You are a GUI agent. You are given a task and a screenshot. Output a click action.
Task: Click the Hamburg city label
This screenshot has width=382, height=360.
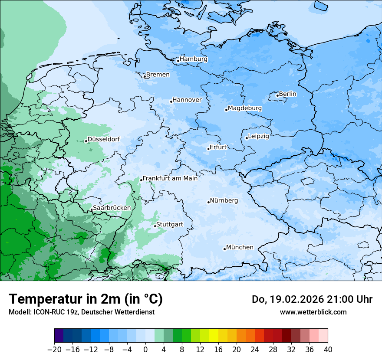click(194, 59)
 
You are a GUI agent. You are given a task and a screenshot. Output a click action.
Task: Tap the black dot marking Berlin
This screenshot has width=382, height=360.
click(277, 95)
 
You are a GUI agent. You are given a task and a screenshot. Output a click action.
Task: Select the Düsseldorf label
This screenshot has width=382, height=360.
click(103, 139)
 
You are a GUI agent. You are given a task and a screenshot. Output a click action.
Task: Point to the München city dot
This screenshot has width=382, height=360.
click(224, 249)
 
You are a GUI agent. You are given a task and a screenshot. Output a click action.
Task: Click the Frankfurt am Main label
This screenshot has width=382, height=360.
click(170, 178)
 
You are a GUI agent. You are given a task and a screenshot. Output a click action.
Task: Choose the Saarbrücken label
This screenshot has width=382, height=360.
click(112, 208)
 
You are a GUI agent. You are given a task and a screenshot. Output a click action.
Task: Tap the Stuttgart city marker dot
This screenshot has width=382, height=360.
click(155, 226)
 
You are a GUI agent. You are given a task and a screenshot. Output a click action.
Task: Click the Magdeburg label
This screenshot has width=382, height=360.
click(245, 108)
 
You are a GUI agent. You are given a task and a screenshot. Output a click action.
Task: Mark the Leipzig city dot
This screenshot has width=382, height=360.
click(247, 138)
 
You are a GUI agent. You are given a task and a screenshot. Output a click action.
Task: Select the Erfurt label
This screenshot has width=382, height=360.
click(218, 147)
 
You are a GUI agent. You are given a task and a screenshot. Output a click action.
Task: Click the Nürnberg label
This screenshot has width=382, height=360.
click(224, 200)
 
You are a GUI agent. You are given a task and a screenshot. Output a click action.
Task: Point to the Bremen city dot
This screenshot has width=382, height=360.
click(145, 77)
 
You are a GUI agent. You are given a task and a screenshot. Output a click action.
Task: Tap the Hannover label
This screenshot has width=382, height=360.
click(187, 100)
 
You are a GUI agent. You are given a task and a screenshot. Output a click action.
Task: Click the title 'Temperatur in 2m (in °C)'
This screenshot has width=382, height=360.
click(86, 299)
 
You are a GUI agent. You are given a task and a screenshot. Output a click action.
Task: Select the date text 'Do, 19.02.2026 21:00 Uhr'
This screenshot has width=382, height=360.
click(312, 299)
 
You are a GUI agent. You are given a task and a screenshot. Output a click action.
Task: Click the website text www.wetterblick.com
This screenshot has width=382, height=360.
click(313, 312)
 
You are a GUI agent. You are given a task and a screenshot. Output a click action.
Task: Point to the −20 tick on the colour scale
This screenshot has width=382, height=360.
click(54, 349)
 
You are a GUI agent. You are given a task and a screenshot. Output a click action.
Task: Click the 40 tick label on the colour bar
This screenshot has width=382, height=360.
click(328, 349)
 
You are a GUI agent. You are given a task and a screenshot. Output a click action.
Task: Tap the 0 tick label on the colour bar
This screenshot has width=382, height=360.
click(145, 349)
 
